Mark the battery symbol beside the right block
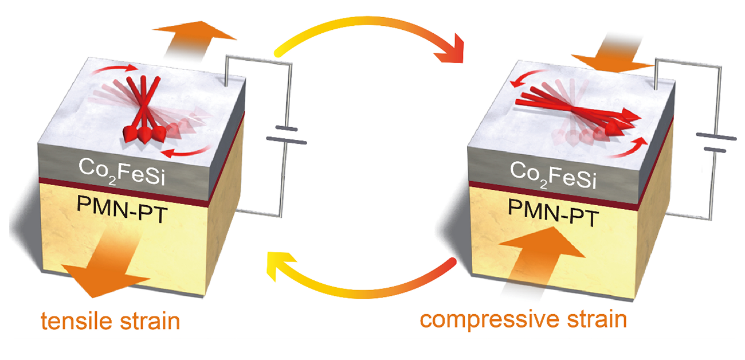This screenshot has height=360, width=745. click(x=716, y=143)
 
